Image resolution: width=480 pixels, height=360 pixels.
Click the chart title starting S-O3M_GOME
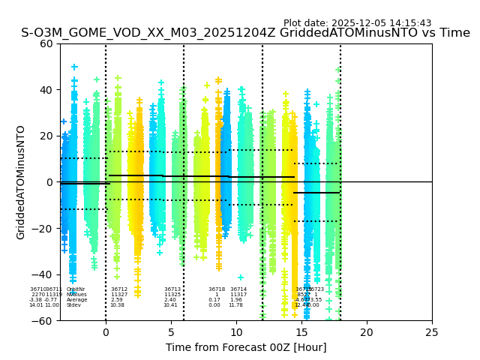[245, 33]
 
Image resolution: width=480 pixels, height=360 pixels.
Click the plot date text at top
[357, 23]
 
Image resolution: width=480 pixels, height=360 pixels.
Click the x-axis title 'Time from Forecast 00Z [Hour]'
[246, 347]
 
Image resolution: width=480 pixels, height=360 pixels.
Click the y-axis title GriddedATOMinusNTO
[21, 182]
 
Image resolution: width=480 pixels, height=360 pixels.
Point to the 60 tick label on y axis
[46, 43]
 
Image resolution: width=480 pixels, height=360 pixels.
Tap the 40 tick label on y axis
[46, 90]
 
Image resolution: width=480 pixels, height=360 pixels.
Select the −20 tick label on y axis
[43, 229]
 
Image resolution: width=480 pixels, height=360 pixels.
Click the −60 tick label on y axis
[43, 321]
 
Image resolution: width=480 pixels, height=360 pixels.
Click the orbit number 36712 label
[119, 289]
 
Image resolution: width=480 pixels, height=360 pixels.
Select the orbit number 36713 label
[172, 289]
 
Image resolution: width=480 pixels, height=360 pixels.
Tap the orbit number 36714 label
[238, 289]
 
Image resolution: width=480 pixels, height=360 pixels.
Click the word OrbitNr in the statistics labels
[76, 289]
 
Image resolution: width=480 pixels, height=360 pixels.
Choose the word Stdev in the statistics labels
[73, 305]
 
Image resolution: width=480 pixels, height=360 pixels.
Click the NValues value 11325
[172, 295]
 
